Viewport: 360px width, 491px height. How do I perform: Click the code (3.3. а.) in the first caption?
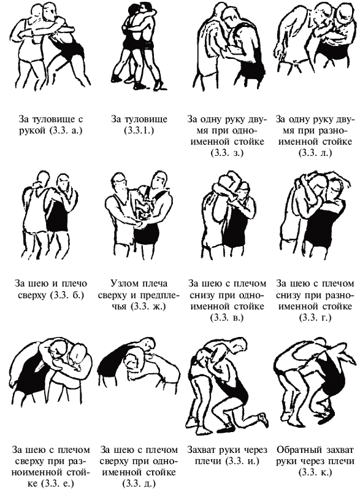66,131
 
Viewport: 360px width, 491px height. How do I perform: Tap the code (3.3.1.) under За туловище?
139,131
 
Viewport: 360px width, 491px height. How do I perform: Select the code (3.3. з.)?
227,153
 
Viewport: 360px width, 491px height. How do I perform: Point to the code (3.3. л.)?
315,153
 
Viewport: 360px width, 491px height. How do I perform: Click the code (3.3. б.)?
67,295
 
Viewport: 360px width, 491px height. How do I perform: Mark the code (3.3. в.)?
227,317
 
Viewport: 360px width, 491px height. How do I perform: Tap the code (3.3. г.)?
315,317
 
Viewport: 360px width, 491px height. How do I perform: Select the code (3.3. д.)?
139,484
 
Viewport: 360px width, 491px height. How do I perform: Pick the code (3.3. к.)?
315,472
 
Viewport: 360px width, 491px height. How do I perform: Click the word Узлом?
124,284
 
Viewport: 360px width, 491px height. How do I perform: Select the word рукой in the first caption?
33,131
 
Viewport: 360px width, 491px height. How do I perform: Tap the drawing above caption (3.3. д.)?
138,361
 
